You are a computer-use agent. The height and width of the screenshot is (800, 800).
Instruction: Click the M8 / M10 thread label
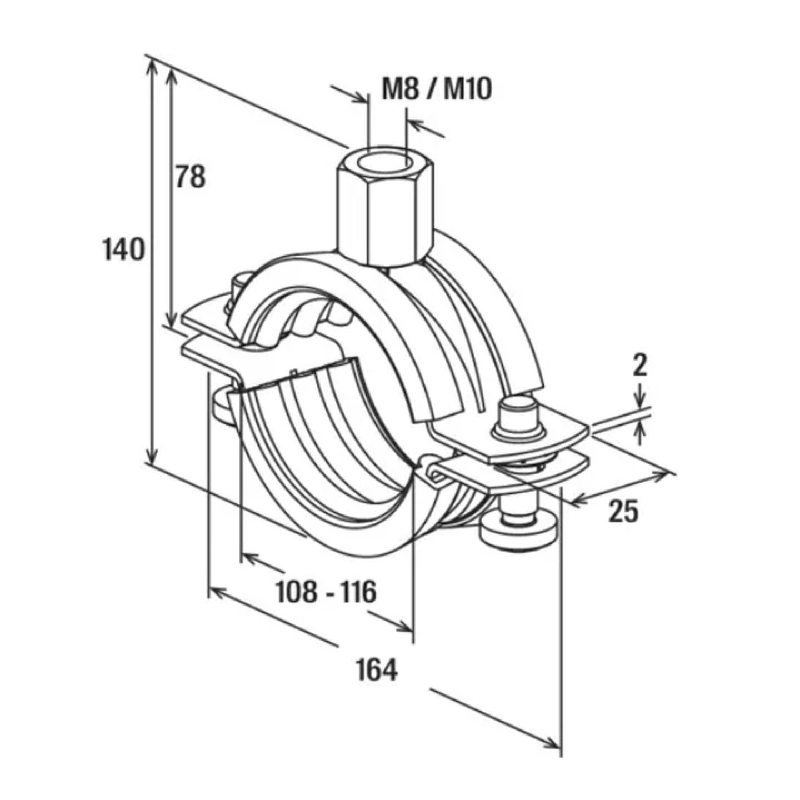coord(437,89)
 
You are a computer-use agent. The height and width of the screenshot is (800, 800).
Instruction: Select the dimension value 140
coord(124,249)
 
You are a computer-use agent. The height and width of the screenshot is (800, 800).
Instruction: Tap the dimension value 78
coord(191,176)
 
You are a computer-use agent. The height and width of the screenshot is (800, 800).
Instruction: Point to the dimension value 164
coord(377,669)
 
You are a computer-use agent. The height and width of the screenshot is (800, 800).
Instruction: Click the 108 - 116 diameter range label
coord(326,592)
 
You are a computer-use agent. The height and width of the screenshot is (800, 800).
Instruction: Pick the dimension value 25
coord(623,512)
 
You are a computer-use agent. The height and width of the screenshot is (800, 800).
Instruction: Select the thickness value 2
coord(641,366)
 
